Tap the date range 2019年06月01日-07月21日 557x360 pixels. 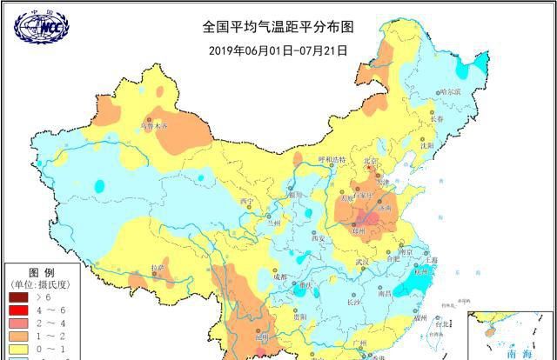click(278, 50)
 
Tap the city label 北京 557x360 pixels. click(372, 161)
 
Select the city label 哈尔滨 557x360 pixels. click(449, 91)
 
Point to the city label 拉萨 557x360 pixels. click(158, 268)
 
